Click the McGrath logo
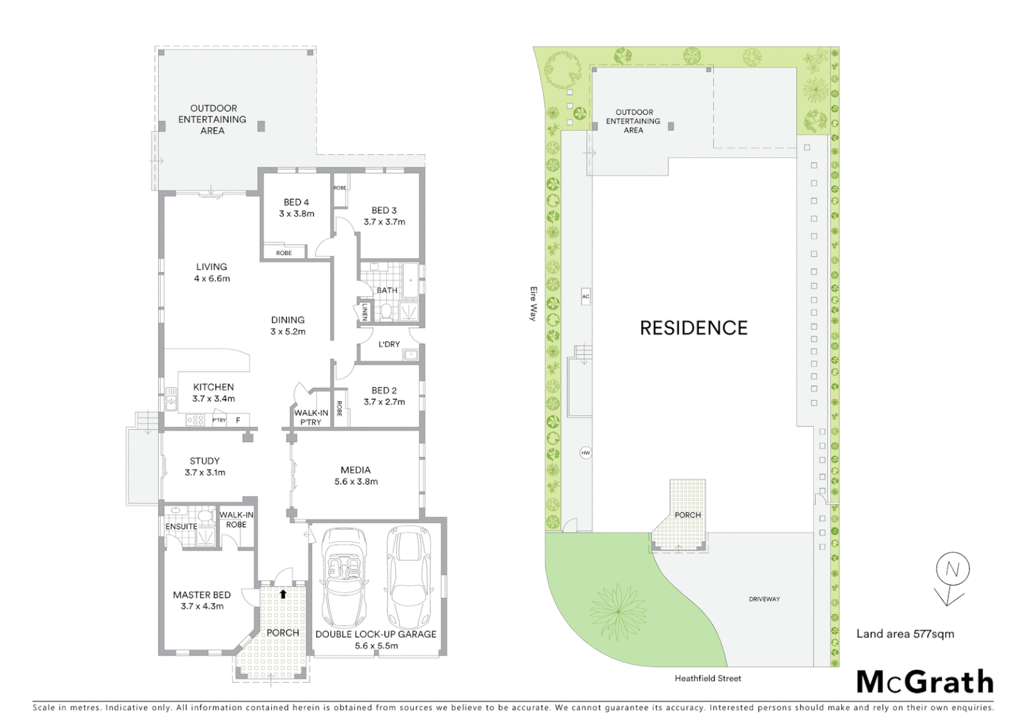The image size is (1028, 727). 924,682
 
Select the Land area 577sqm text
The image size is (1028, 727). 905,633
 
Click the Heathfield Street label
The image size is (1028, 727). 708,679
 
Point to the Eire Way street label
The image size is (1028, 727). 534,304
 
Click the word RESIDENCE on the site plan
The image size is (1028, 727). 693,328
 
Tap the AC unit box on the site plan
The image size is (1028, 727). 585,296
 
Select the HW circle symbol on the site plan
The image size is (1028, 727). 585,453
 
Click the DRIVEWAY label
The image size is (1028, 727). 764,599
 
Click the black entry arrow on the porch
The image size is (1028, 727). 283,594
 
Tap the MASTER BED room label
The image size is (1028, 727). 202,595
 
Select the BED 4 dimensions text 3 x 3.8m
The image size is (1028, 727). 297,214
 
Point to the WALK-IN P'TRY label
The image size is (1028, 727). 311,417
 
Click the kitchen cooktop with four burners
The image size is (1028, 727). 195,420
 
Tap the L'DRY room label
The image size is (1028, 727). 389,344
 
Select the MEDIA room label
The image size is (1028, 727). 356,470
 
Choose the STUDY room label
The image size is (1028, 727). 205,461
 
